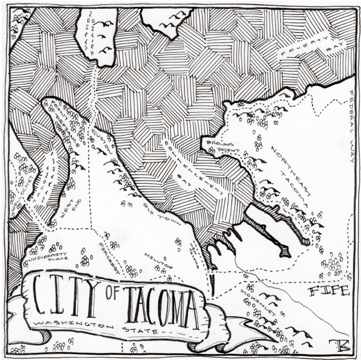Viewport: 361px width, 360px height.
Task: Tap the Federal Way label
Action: click(352, 127)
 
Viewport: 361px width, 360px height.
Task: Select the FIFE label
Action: click(328, 291)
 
